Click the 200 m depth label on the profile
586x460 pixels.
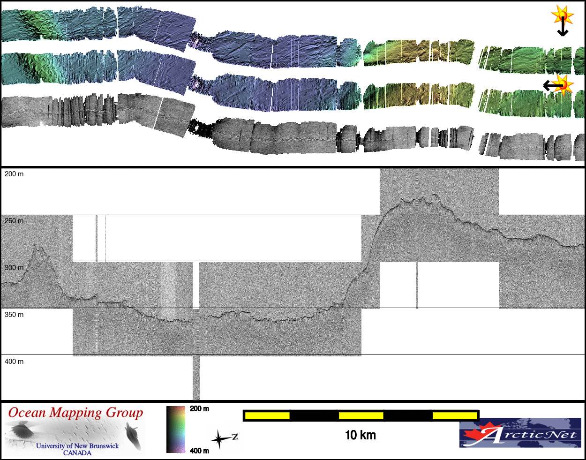pyautogui.click(x=14, y=174)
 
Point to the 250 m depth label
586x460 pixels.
pyautogui.click(x=14, y=221)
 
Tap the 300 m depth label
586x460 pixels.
pyautogui.click(x=14, y=268)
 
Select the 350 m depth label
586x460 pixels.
pyautogui.click(x=14, y=315)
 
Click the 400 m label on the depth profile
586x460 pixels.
pyautogui.click(x=14, y=362)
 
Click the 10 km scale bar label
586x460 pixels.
pyautogui.click(x=361, y=435)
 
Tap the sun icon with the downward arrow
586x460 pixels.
pyautogui.click(x=562, y=20)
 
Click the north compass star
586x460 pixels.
pyautogui.click(x=220, y=439)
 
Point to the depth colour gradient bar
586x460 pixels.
pyautogui.click(x=176, y=430)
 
